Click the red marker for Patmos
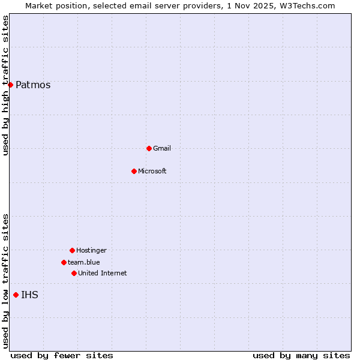[10, 85]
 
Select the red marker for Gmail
[149, 148]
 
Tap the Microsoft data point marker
[134, 171]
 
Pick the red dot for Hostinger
[72, 250]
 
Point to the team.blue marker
[64, 262]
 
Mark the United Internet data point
[74, 273]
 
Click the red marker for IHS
[16, 295]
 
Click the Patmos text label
[33, 85]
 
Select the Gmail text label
[162, 148]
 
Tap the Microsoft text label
[152, 171]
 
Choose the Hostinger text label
[91, 250]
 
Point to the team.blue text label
[84, 262]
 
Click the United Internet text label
[103, 273]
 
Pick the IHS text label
[29, 295]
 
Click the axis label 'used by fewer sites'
[62, 355]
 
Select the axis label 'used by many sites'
[301, 355]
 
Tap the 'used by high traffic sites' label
[5, 85]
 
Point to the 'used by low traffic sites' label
[5, 281]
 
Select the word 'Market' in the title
[39, 5]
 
